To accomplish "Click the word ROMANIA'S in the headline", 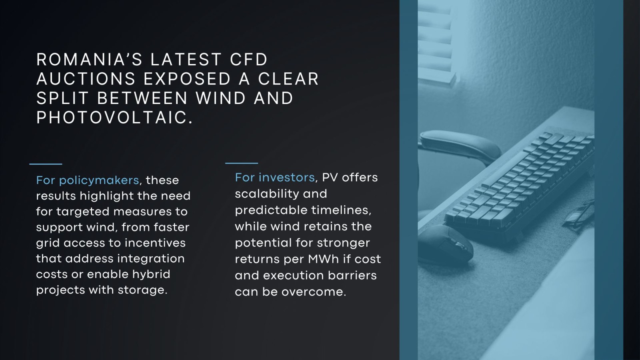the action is (90, 60).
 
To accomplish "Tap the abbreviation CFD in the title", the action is (248, 60).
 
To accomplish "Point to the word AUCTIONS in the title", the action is (86, 79).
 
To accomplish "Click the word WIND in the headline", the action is (220, 98).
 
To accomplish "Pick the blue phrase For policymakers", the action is (88, 180).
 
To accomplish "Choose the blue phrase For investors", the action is (275, 178).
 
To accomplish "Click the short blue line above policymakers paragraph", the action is (46, 164).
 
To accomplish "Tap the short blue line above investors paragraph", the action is (242, 163).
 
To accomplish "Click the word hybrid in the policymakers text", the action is (151, 274).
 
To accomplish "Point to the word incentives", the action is (155, 243).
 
